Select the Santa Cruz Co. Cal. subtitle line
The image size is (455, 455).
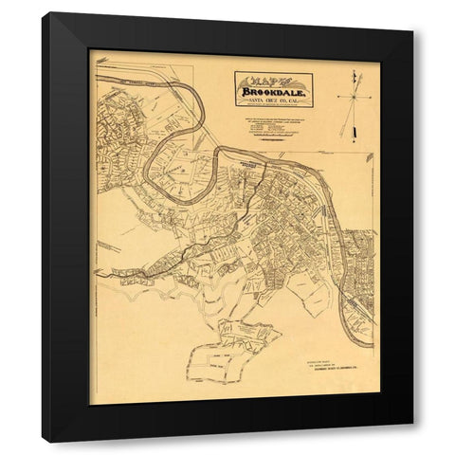pyautogui.click(x=274, y=101)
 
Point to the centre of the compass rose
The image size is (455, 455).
pyautogui.click(x=353, y=96)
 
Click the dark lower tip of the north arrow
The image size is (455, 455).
pyautogui.click(x=345, y=134)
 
